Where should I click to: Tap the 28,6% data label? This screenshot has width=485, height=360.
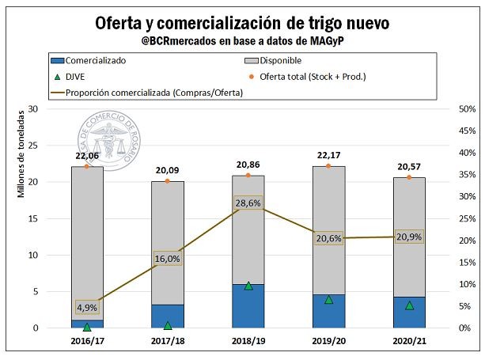tap(248, 203)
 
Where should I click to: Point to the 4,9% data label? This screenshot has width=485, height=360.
tap(87, 307)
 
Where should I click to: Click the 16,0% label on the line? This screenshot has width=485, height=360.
tap(168, 259)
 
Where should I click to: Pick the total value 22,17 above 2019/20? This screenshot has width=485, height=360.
tap(329, 155)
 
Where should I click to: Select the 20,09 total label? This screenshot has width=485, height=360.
tap(168, 170)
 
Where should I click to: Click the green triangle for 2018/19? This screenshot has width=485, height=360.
tap(248, 286)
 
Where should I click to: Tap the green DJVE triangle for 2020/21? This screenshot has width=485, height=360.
tap(410, 305)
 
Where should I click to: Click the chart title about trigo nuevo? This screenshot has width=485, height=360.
tap(242, 21)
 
